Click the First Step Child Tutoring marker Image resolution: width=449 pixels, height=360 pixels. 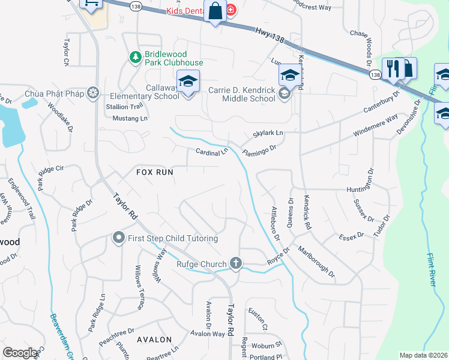[118, 238]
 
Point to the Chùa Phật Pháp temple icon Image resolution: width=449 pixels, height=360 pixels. [93, 93]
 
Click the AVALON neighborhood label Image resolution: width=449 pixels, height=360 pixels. [154, 340]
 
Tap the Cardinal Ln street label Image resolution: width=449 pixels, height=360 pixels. [212, 151]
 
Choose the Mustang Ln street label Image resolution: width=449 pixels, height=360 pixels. [130, 119]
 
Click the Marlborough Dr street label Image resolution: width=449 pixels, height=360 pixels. [316, 262]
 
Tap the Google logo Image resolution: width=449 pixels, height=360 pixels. [20, 353]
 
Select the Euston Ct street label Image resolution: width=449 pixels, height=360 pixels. [258, 320]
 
